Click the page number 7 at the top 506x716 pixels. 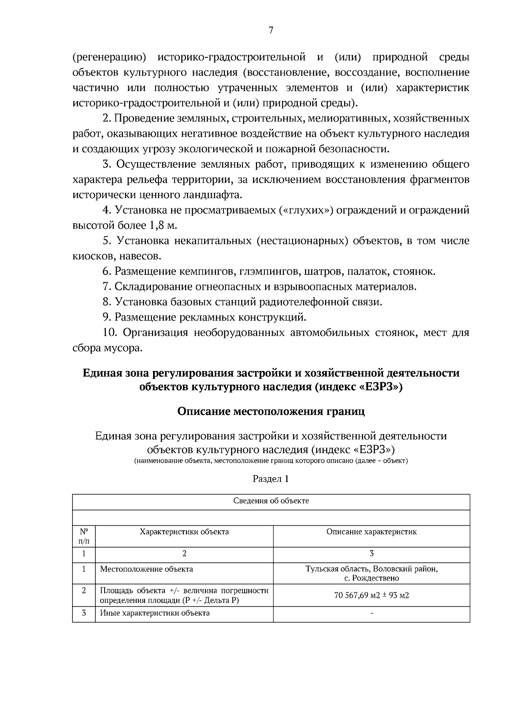pos(271,30)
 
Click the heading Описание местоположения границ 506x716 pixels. pos(271,411)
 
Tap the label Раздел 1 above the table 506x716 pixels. pos(271,479)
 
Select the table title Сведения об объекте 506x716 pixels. pos(271,501)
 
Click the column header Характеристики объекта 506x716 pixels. pos(184,532)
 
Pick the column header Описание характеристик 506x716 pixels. pos(371,532)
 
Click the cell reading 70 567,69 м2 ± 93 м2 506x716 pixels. pos(371,595)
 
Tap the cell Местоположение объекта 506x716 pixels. pos(146,569)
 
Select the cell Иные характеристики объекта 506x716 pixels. pos(155,613)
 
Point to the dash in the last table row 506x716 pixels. pos(371,613)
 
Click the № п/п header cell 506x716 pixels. pos(84,536)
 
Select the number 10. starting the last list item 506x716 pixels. pos(110,333)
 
